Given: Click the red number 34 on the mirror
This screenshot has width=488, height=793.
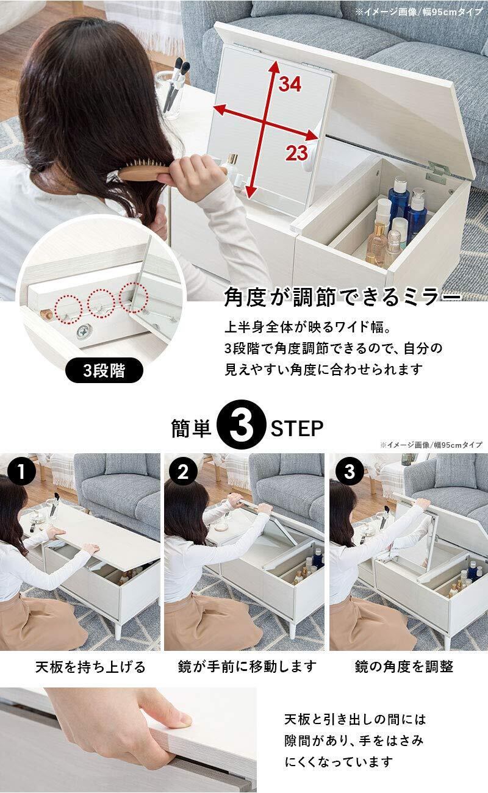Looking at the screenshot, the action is click(x=290, y=84).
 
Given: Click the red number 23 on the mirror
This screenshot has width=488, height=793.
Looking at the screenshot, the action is click(x=297, y=153).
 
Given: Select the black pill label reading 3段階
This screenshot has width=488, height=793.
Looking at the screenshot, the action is click(x=104, y=370).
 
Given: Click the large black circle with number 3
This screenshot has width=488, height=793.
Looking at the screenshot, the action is click(x=241, y=425).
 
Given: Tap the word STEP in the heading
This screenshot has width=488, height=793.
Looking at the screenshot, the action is click(x=297, y=428).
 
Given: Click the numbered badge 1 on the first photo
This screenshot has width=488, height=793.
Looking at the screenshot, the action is click(x=21, y=471).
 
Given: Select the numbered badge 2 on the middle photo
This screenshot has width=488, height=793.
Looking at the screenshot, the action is click(x=183, y=471).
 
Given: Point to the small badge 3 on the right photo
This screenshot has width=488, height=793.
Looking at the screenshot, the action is click(x=349, y=471).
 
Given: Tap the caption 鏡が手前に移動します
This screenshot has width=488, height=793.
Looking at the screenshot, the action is click(x=247, y=666).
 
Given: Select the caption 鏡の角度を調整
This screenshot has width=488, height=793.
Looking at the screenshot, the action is click(x=404, y=666).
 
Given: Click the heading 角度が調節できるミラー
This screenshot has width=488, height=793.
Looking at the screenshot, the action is click(x=342, y=296).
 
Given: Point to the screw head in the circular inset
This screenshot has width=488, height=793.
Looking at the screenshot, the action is click(x=84, y=332).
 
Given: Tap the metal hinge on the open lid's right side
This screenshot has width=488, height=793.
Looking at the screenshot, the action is click(x=437, y=173).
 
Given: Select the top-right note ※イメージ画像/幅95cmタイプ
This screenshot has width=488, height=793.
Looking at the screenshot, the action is click(x=418, y=12).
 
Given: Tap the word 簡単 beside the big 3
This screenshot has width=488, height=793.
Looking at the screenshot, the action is click(x=191, y=428).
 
